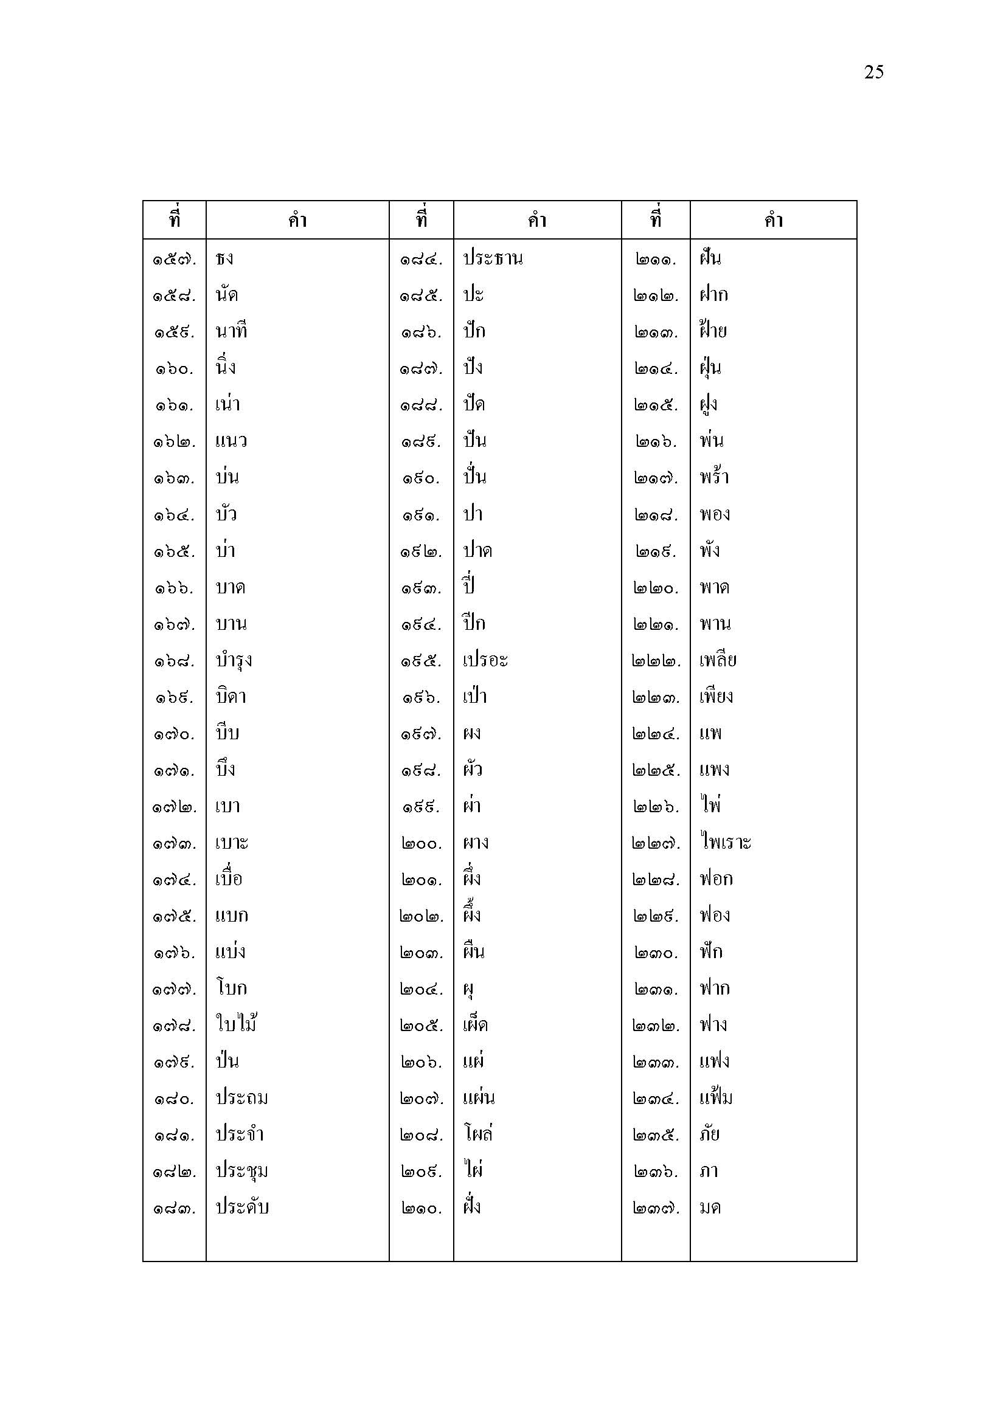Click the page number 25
[x=873, y=72]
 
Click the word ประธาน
[x=493, y=258]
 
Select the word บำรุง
[x=234, y=661]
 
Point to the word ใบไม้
[x=236, y=1024]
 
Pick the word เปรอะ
[x=485, y=660]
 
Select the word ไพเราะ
[x=726, y=842]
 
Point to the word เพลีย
[x=718, y=660]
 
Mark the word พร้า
[x=714, y=477]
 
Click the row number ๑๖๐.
[x=174, y=369]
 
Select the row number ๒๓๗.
[x=656, y=1209]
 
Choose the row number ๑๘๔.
[x=421, y=260]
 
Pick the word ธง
[x=224, y=259]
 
